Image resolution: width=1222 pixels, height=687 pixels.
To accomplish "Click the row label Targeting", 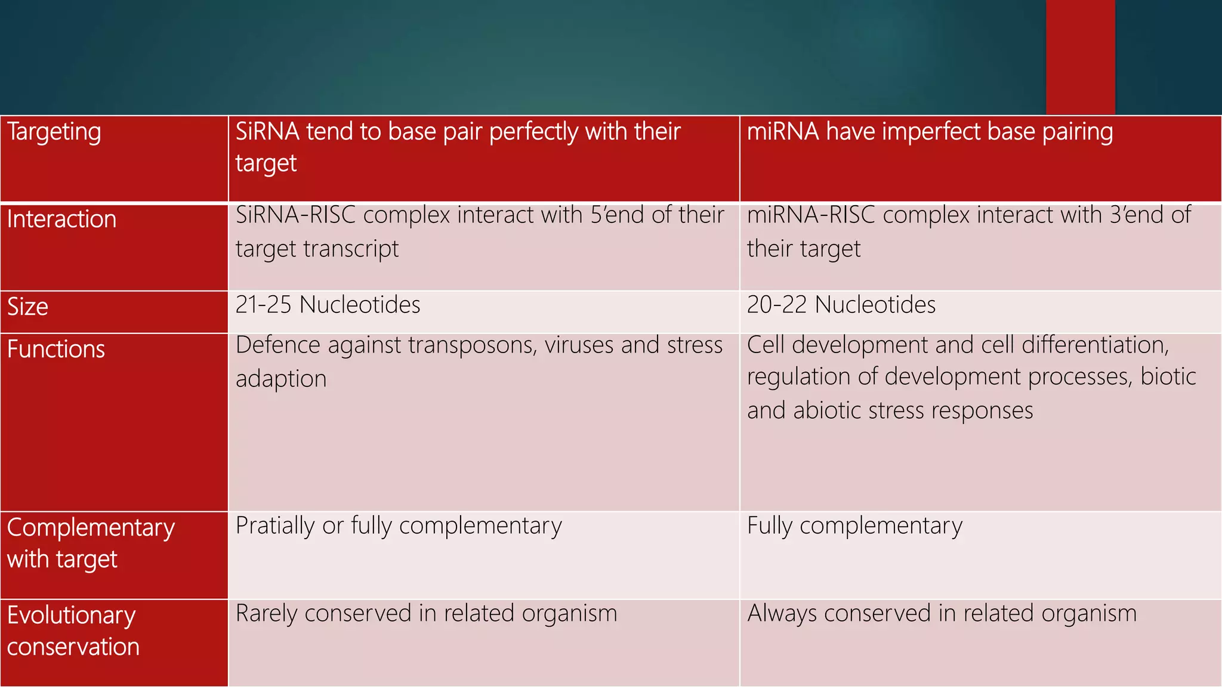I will [54, 132].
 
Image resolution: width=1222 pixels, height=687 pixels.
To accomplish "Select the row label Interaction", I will [61, 219].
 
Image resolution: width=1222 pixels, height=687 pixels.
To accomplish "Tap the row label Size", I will [27, 307].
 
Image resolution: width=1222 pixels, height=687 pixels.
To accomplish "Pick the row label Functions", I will [56, 349].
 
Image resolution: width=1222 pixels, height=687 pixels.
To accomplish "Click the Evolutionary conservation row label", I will [73, 631].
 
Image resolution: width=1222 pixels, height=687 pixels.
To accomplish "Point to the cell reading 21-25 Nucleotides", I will [328, 305].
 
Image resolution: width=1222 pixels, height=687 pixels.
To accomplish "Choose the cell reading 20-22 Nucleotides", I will [841, 305].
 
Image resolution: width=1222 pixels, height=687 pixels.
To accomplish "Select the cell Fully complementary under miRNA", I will [854, 526].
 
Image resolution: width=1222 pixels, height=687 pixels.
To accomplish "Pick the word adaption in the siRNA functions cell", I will [281, 379].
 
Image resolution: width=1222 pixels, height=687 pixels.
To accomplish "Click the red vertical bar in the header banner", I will [1080, 57].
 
